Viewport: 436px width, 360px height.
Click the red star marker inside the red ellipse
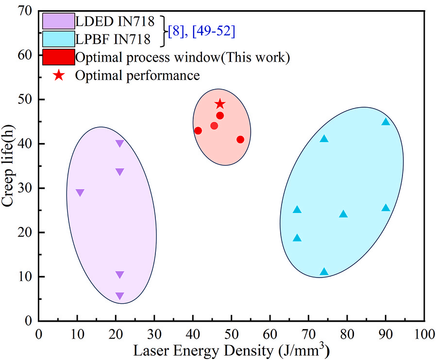220,104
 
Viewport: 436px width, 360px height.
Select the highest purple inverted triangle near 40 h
119,143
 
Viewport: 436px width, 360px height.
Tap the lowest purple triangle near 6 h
119,296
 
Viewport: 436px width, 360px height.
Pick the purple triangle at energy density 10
80,193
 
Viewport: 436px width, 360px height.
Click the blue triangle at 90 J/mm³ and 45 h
386,121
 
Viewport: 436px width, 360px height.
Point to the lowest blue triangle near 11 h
324,271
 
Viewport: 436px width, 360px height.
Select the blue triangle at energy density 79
343,213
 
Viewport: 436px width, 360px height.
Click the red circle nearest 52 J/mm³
240,139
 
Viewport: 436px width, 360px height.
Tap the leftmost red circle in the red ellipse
198,131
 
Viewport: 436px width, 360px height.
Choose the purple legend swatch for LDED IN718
59,21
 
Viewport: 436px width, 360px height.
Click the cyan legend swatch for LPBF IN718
59,39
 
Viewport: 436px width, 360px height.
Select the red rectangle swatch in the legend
59,57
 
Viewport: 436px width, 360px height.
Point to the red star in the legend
59,75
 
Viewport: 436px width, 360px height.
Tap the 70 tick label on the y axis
25,11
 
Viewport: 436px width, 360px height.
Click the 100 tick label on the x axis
424,334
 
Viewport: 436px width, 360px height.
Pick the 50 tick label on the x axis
231,334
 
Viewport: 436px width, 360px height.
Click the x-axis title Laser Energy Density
204,351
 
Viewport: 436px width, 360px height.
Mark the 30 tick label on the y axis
25,188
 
